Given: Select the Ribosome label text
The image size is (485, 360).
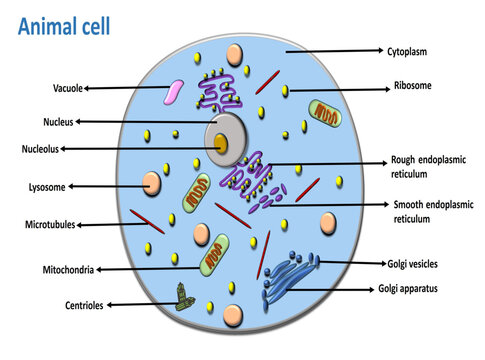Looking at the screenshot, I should [x=413, y=86].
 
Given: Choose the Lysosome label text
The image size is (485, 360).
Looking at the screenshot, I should [x=46, y=187].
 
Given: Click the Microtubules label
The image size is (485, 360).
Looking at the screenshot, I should [x=50, y=225].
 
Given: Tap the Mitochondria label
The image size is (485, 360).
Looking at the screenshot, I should [x=68, y=269].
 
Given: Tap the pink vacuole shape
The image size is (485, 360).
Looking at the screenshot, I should [x=174, y=93].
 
